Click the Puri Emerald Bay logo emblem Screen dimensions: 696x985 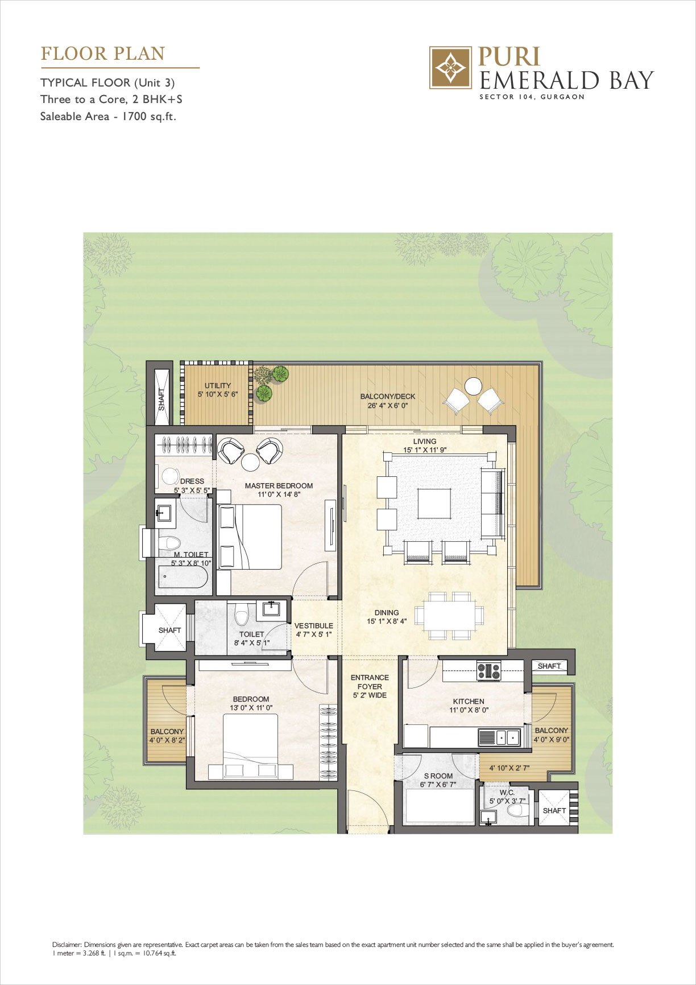pos(450,68)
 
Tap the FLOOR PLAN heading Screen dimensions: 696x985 pos(103,54)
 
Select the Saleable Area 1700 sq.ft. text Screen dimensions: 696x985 pos(108,117)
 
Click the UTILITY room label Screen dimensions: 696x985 pos(218,385)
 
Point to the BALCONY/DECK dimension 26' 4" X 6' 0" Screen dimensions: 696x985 pos(388,406)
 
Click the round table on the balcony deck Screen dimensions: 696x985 pos(473,386)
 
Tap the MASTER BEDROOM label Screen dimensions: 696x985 pos(279,486)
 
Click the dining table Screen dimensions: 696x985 pos(449,615)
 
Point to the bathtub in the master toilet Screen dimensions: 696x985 pos(181,577)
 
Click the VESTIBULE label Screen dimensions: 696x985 pos(313,626)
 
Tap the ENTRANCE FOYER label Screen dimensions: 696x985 pos(370,682)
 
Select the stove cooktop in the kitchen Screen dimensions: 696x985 pos(488,671)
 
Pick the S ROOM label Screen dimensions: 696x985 pos(438,776)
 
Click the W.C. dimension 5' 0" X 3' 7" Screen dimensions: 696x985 pos(508,801)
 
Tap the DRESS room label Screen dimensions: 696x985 pos(192,481)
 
